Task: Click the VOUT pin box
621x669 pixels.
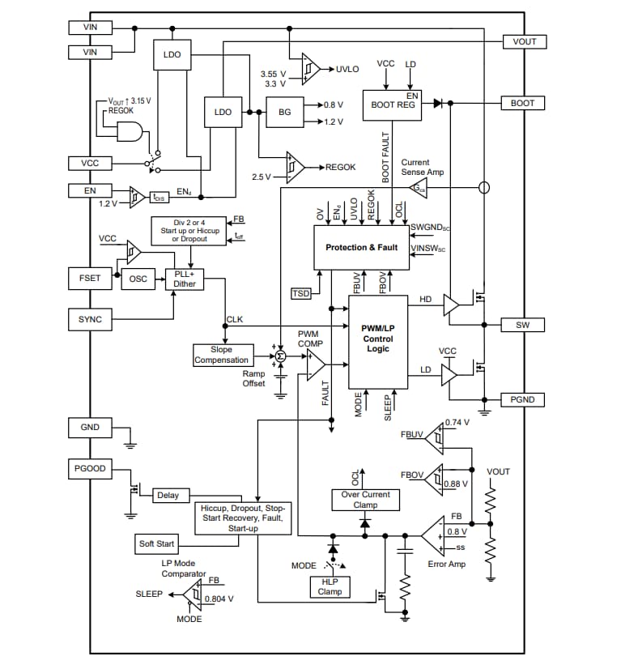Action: point(524,41)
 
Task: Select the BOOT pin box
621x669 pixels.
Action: point(523,104)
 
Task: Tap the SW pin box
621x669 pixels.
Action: point(523,325)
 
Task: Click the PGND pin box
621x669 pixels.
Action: point(523,399)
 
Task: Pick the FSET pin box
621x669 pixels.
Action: point(90,278)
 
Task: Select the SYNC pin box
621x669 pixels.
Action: point(90,319)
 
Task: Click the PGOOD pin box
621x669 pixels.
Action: point(90,468)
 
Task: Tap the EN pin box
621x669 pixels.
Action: point(90,190)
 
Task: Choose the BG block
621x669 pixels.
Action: point(284,113)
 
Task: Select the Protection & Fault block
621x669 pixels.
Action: point(361,247)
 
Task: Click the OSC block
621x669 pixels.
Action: point(138,279)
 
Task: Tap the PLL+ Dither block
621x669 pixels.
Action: point(185,279)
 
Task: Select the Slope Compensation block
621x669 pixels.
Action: point(222,355)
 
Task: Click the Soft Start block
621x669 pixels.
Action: point(156,543)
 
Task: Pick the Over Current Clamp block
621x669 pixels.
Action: point(365,500)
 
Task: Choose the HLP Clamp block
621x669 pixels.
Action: point(330,586)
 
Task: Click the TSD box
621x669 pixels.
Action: point(300,293)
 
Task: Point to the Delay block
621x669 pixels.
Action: point(168,495)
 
